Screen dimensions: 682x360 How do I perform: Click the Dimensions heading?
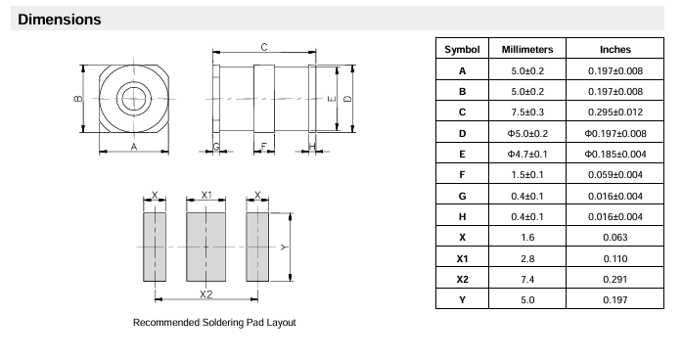(x=59, y=20)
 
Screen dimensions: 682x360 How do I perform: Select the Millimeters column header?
(x=527, y=50)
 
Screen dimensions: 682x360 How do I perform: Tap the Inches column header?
(x=615, y=50)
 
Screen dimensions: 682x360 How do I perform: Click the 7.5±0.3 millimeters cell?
(x=527, y=112)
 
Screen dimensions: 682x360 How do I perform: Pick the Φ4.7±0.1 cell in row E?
(x=527, y=154)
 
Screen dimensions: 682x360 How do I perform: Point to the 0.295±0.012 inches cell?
(x=615, y=112)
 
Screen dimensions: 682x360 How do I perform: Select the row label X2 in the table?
(x=462, y=279)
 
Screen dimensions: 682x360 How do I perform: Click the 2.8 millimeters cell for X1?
(x=527, y=258)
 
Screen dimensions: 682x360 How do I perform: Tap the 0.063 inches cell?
(x=615, y=238)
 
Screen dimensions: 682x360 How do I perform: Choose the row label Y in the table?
(x=462, y=300)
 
